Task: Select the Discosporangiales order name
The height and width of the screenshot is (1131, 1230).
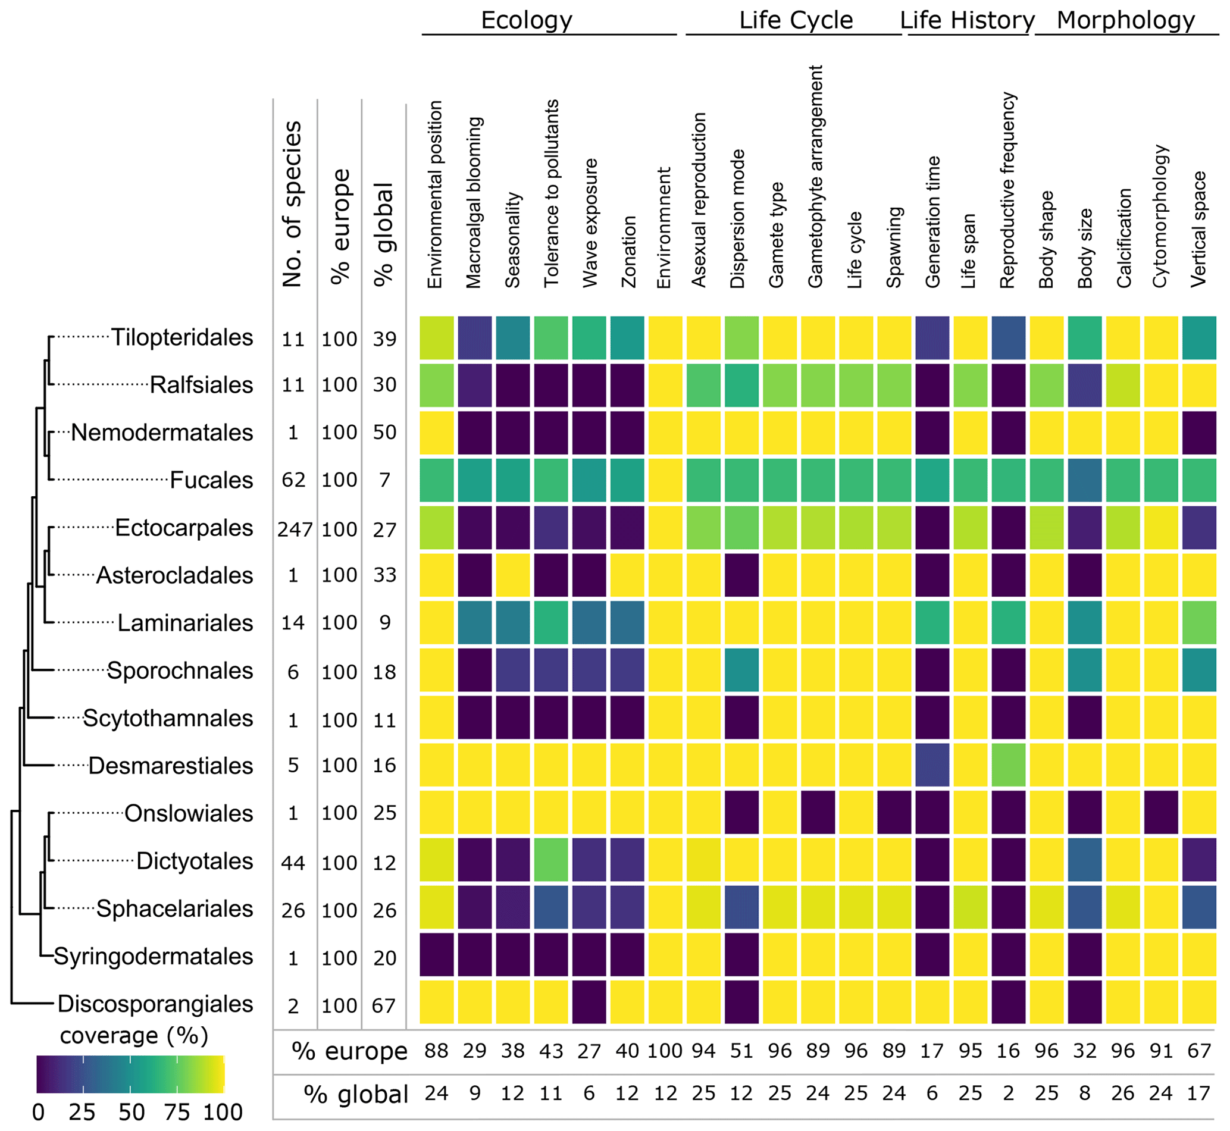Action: click(x=155, y=1004)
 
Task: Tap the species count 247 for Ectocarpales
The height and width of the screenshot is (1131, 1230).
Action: click(x=295, y=529)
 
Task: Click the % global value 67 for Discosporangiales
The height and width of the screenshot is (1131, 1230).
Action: click(x=384, y=1005)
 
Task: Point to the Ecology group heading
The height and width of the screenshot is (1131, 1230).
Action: click(x=526, y=20)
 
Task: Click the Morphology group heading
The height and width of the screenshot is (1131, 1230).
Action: click(x=1125, y=20)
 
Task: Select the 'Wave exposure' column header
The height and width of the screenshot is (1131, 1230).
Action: click(x=590, y=223)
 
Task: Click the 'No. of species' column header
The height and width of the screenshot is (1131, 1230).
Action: click(x=293, y=204)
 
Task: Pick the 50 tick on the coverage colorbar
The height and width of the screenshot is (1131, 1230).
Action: click(x=131, y=1112)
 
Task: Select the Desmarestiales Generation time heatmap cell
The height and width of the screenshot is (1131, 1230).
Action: click(x=932, y=765)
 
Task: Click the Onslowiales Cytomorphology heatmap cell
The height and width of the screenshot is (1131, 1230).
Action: click(x=1161, y=812)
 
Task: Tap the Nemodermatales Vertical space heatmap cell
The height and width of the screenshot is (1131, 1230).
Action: click(x=1199, y=433)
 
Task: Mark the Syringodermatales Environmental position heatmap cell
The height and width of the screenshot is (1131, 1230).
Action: click(x=437, y=955)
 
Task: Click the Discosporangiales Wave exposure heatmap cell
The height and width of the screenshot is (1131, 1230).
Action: click(x=590, y=1002)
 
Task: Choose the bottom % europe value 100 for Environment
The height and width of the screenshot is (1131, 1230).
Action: click(x=665, y=1051)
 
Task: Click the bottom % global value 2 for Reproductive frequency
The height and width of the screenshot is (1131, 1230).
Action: click(x=1009, y=1093)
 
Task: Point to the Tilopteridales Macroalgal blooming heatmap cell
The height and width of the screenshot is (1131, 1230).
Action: click(x=474, y=338)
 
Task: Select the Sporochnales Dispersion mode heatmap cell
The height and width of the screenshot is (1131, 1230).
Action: click(x=741, y=670)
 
